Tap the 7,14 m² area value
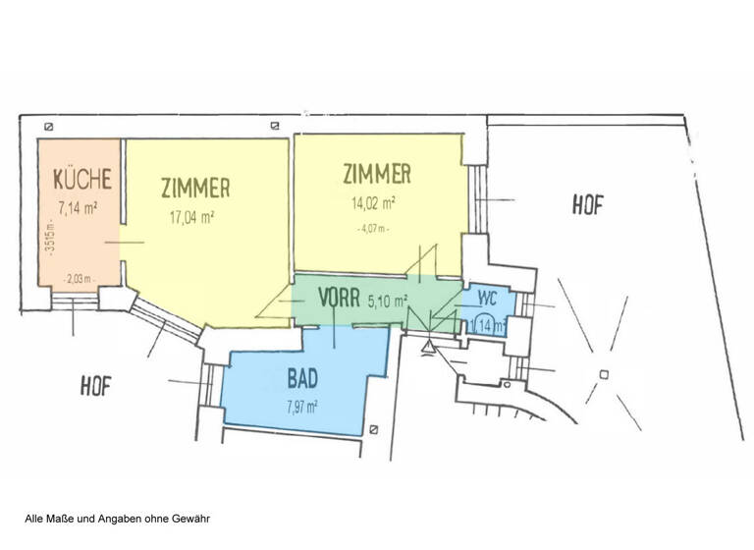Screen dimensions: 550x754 pyautogui.click(x=81, y=207)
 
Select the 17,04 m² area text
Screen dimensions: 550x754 pyautogui.click(x=193, y=219)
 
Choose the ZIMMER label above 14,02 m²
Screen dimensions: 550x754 pyautogui.click(x=376, y=175)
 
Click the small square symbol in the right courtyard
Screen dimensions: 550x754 pyautogui.click(x=604, y=373)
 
